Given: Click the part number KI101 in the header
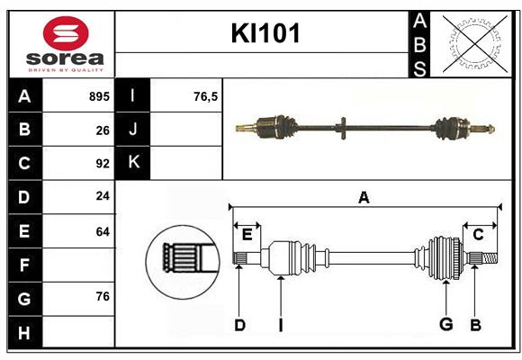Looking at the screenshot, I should coord(265,34).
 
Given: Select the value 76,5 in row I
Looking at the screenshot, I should coord(206,96).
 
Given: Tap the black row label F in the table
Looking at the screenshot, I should coord(24,265).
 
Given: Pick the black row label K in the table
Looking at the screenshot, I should coord(134,163).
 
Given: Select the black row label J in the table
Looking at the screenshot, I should coord(134,130).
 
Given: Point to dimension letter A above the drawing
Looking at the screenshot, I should coord(364,198).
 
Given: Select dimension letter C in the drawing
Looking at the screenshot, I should coord(478,234).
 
